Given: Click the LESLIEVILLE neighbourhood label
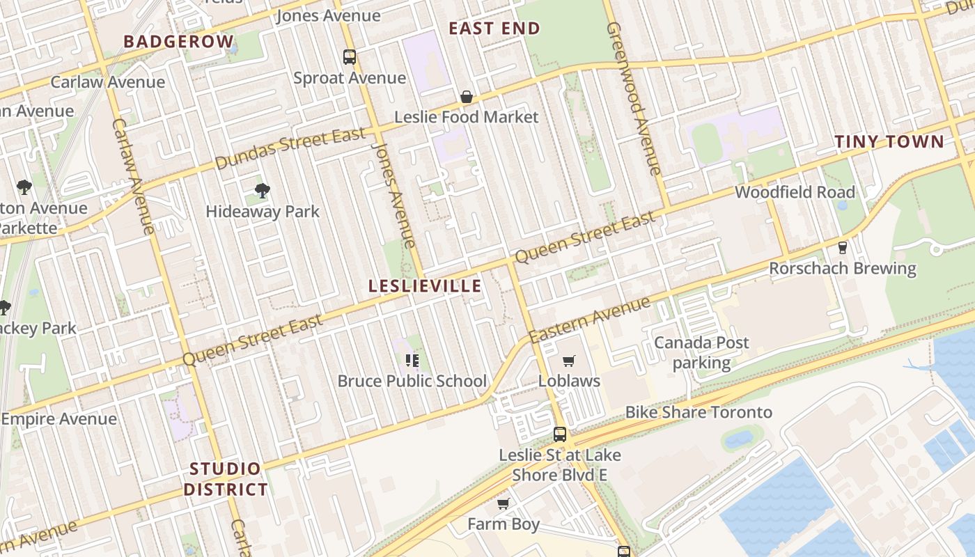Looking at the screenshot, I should click(424, 286).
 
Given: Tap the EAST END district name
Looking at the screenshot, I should click(494, 29).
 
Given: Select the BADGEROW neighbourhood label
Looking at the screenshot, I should click(178, 41).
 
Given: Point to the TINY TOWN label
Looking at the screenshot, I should click(889, 142).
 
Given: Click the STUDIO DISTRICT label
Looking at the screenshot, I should click(226, 479).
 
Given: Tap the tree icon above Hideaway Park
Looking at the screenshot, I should click(263, 190).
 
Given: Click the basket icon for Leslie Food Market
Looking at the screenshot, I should click(467, 97).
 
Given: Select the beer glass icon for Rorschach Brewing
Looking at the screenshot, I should click(842, 248).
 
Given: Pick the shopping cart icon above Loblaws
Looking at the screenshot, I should click(569, 361).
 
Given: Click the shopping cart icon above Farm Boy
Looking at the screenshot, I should click(503, 503).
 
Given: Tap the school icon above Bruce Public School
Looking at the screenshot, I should click(412, 360).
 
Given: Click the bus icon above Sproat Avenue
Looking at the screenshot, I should click(350, 57).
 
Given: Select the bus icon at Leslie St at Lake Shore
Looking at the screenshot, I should click(559, 434).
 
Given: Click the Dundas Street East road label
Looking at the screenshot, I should click(290, 148).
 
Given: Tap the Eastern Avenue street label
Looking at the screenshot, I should click(589, 320).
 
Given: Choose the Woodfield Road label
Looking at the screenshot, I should click(795, 192).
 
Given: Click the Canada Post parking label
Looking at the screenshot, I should click(701, 352).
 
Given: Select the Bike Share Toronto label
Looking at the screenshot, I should click(699, 412).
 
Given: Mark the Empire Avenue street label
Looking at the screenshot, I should click(59, 419).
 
